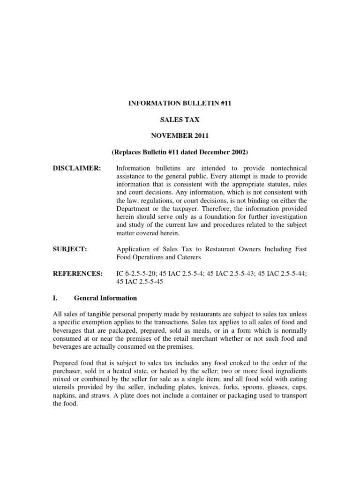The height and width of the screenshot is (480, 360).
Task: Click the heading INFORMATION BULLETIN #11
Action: pos(180,103)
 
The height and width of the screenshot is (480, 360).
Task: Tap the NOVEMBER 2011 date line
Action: pos(180,135)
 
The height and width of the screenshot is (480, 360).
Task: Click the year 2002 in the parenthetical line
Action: pos(237,152)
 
